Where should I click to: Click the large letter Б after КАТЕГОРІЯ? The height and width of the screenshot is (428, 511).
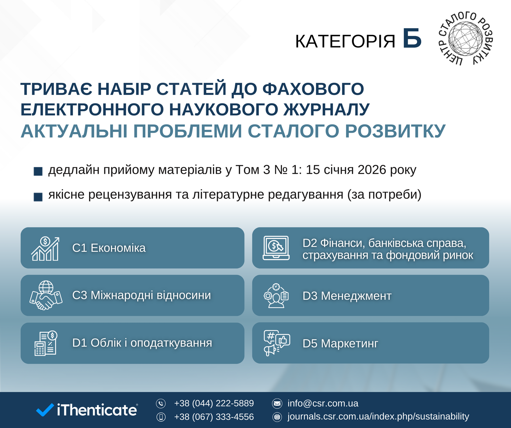[x=412, y=38]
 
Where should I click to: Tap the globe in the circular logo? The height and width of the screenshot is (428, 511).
[x=465, y=39]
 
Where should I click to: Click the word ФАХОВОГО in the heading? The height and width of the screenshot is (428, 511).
[x=313, y=89]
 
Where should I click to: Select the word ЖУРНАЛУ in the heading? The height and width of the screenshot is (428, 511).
[x=327, y=109]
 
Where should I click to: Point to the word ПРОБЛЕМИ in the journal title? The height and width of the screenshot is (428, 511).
[x=188, y=131]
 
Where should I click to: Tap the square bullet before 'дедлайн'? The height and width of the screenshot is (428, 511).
[x=38, y=171]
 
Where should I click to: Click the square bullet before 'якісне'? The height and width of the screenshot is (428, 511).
[x=38, y=197]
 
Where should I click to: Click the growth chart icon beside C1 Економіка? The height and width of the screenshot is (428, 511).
[x=45, y=249]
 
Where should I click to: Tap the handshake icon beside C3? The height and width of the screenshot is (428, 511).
[x=46, y=295]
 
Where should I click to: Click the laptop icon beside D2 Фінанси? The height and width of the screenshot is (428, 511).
[x=276, y=248]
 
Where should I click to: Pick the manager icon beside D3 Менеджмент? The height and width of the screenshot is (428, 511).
[x=276, y=296]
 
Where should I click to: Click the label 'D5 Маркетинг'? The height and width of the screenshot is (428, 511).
[x=340, y=343]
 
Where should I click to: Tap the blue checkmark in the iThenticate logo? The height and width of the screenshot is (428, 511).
[x=45, y=410]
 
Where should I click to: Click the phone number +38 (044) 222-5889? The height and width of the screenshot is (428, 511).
[x=214, y=403]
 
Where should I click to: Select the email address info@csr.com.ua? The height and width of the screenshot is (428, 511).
[x=323, y=403]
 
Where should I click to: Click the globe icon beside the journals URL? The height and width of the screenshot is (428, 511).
[x=277, y=417]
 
